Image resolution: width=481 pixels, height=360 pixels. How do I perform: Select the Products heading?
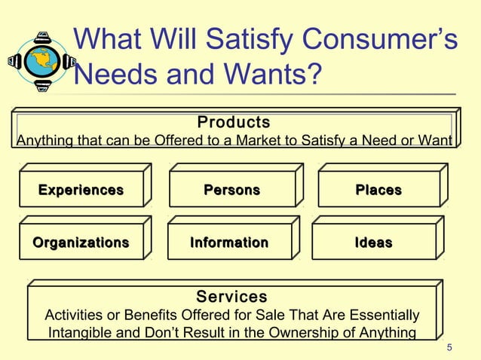click(x=233, y=122)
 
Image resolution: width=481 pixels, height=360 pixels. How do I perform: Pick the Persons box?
click(x=231, y=190)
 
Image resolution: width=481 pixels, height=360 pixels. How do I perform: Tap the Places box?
click(x=378, y=190)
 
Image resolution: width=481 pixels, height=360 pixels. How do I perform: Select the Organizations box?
click(x=81, y=243)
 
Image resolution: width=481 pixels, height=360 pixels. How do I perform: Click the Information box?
click(x=228, y=243)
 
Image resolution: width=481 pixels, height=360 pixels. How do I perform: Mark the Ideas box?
click(x=373, y=243)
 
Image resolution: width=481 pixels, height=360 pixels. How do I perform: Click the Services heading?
click(x=231, y=297)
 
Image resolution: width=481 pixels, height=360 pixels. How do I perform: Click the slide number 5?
click(x=449, y=347)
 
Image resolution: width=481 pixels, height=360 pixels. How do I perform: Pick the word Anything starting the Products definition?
click(x=44, y=141)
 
